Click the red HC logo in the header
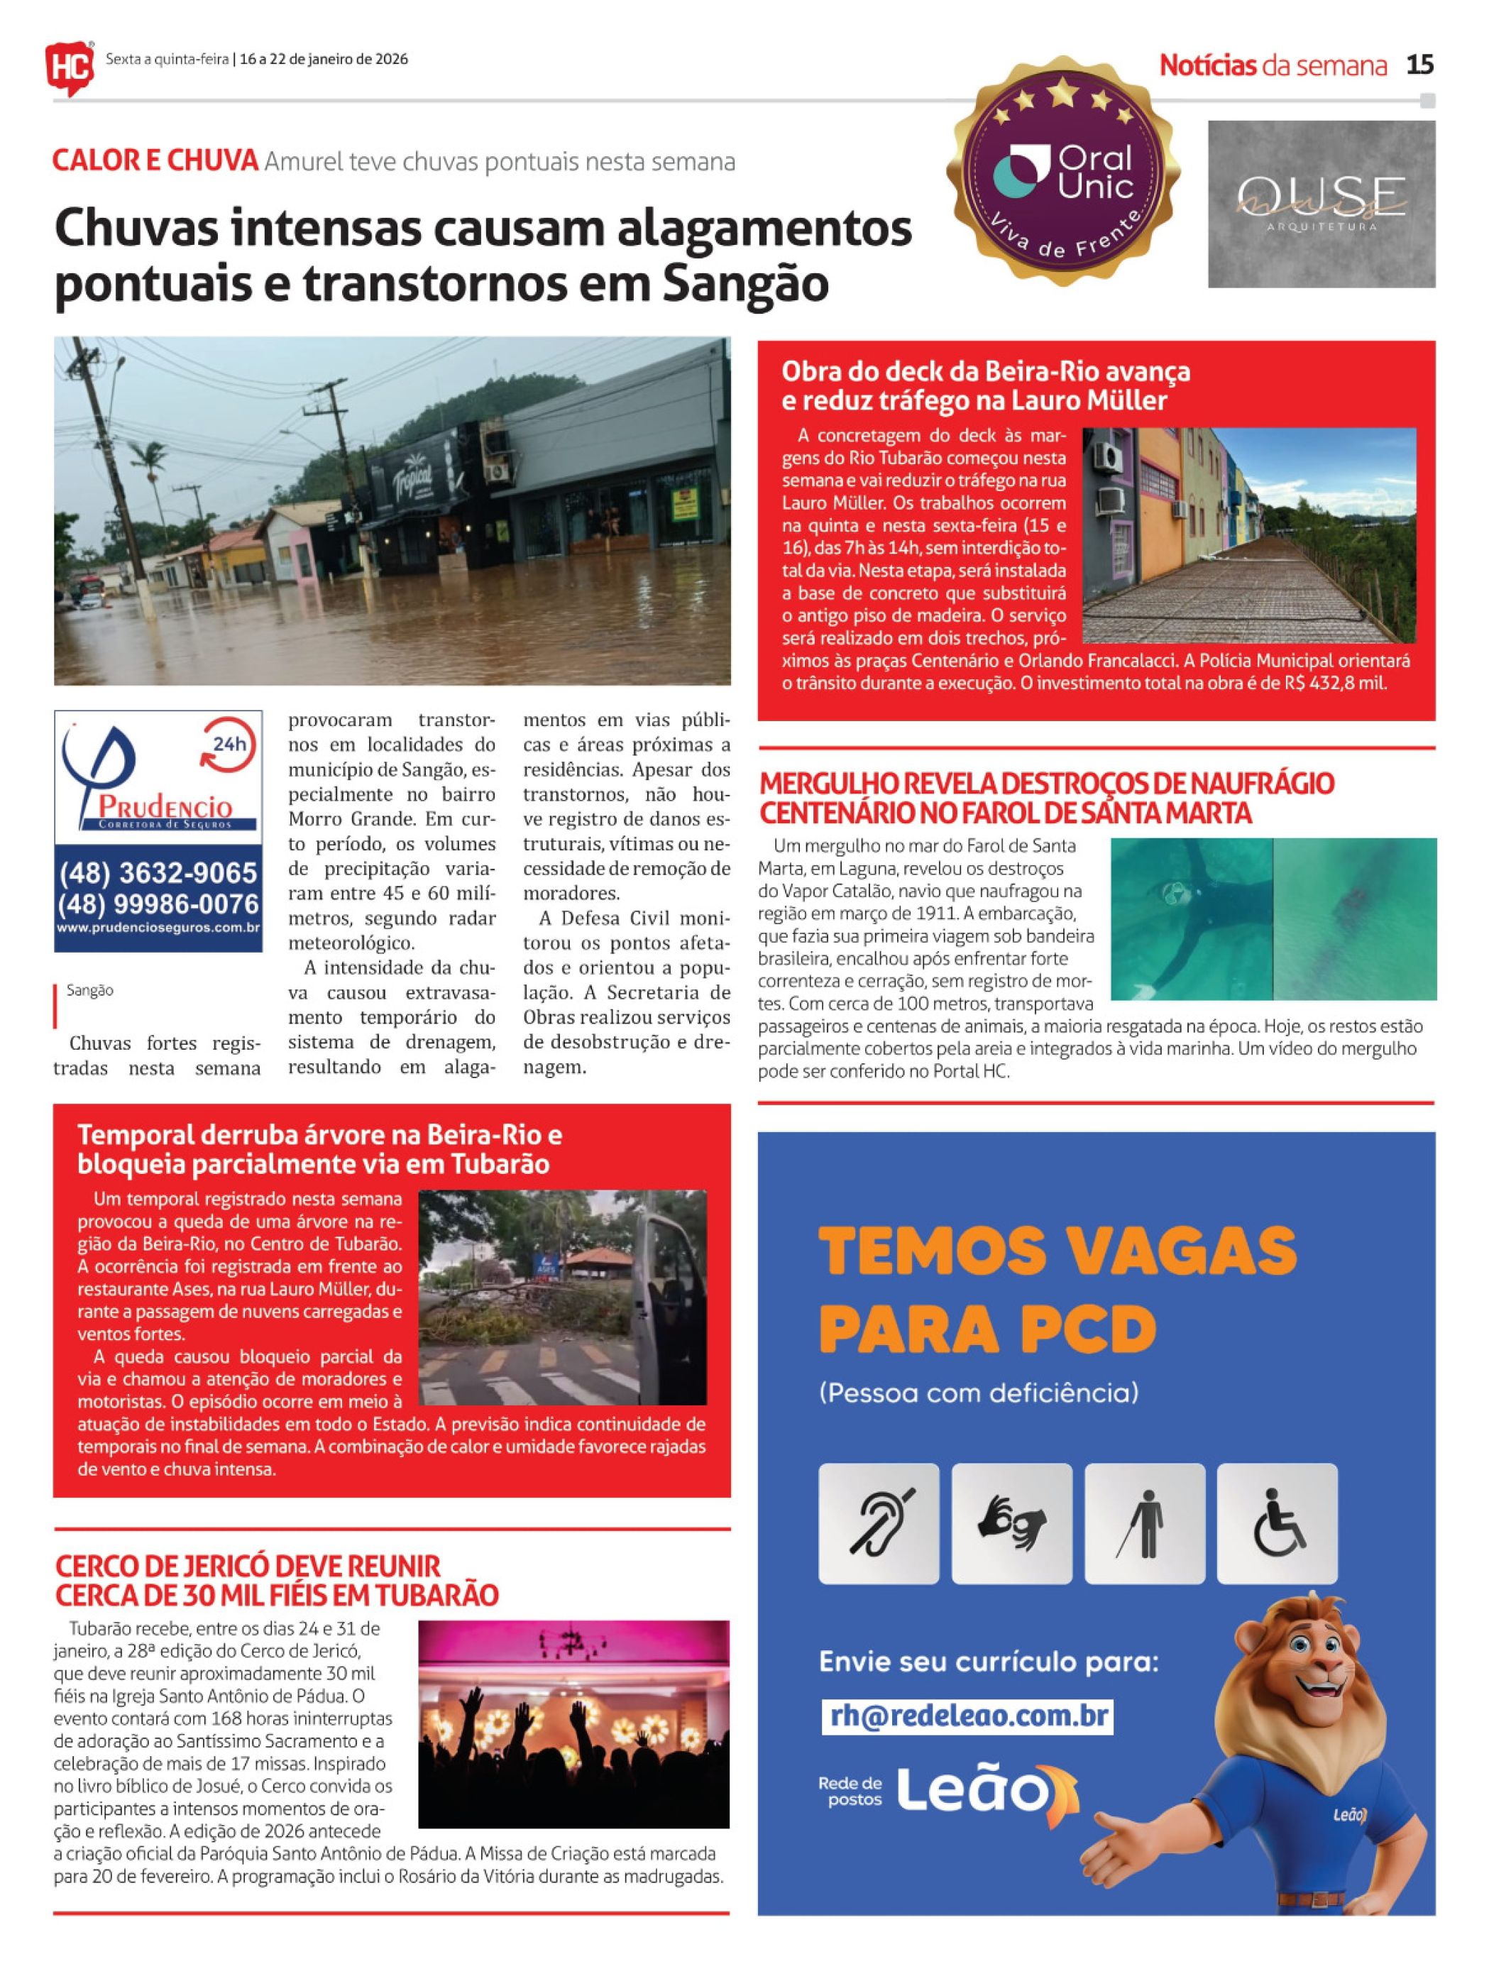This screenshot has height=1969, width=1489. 70,64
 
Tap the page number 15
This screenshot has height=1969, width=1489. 1419,65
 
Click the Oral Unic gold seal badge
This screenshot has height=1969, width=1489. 1065,172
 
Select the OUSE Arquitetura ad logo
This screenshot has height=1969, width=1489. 1321,204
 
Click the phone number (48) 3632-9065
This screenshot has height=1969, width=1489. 158,872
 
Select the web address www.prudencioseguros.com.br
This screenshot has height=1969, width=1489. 158,928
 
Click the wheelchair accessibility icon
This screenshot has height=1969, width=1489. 1276,1523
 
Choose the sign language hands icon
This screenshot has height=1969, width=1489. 1011,1523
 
